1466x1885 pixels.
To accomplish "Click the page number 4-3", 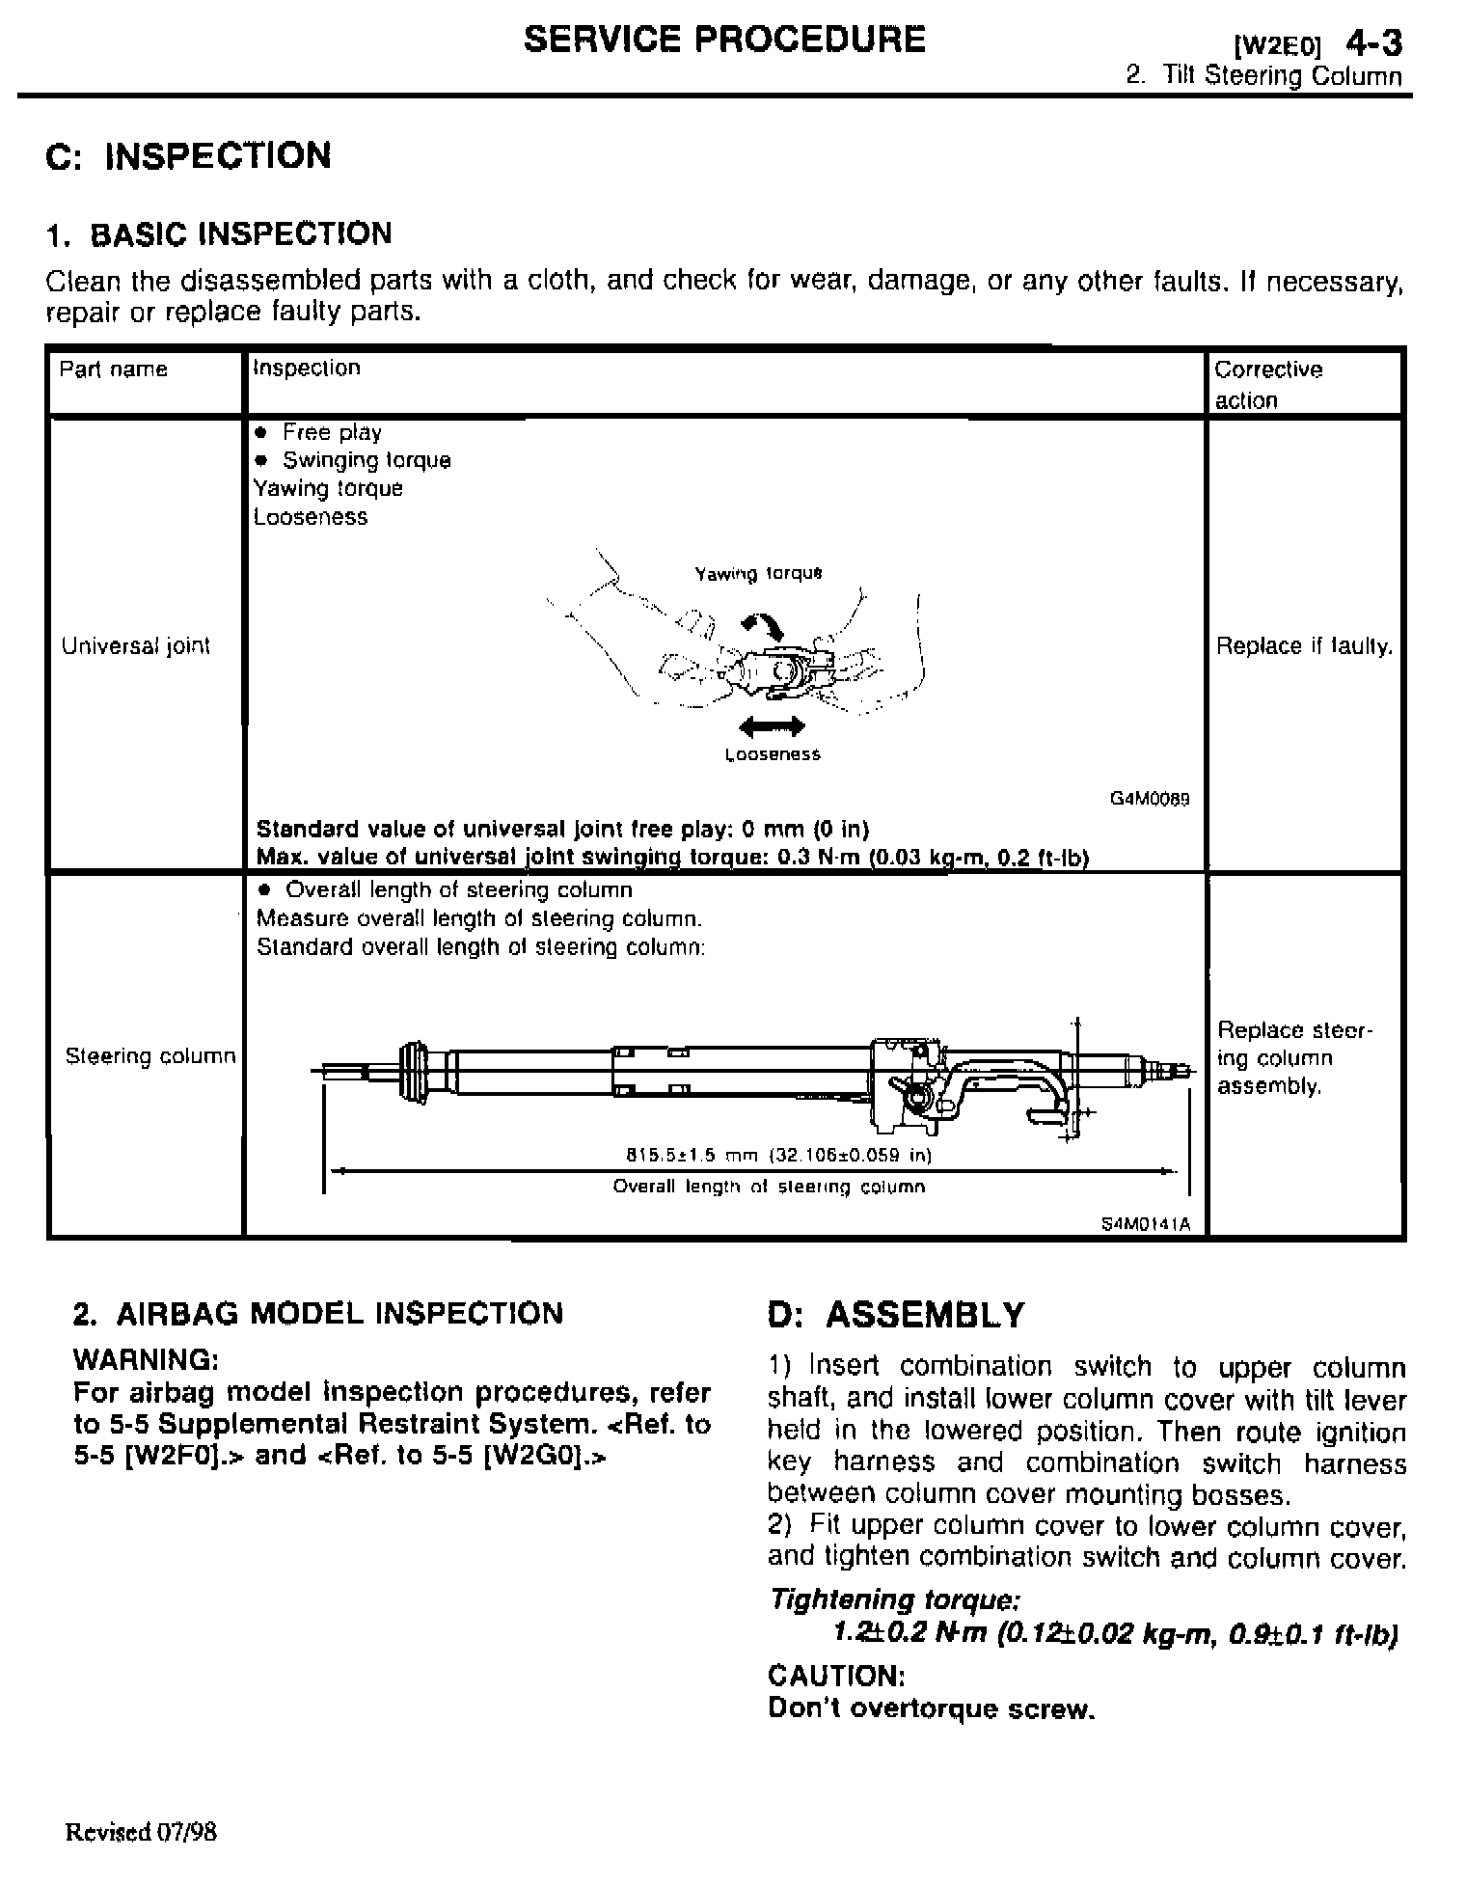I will (x=1374, y=43).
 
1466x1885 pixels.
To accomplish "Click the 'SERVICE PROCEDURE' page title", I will (x=724, y=40).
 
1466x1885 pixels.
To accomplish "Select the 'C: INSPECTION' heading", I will (x=189, y=155).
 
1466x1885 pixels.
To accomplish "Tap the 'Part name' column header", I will (x=114, y=369).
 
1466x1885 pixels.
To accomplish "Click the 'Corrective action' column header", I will (x=1268, y=384).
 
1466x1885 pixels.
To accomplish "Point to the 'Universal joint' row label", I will (x=136, y=646).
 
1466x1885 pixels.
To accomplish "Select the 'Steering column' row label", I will (x=150, y=1056).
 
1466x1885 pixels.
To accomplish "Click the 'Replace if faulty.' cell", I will (x=1304, y=646).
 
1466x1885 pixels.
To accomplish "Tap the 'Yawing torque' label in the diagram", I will (x=758, y=574).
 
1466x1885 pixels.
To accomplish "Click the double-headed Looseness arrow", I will (x=771, y=725).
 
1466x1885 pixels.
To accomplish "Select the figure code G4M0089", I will (x=1151, y=799).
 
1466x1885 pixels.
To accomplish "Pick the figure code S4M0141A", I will (x=1146, y=1224).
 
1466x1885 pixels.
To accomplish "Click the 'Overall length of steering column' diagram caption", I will (x=769, y=1187).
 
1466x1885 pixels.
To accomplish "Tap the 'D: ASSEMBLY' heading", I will (x=896, y=1315).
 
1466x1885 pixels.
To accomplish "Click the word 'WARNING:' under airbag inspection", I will (x=147, y=1360).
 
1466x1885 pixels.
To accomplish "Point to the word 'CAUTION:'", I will (x=836, y=1675).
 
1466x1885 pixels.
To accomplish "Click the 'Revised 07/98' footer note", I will (x=141, y=1832).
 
